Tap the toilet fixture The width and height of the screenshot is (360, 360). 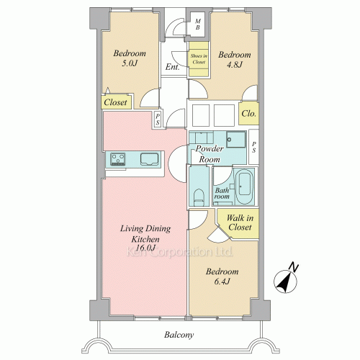[x=199, y=197]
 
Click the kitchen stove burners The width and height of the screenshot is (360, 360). [x=117, y=159]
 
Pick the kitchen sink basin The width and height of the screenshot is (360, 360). [x=149, y=159]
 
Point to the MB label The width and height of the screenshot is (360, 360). [x=197, y=24]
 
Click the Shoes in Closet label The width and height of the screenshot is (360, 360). [x=199, y=59]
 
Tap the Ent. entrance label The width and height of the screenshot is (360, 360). [x=172, y=67]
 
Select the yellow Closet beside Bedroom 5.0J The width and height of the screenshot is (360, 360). [x=117, y=102]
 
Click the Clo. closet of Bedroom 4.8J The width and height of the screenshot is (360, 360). [x=249, y=114]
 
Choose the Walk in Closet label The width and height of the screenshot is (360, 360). [x=240, y=222]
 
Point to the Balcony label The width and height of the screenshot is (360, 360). [x=179, y=335]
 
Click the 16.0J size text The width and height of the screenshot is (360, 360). [x=145, y=248]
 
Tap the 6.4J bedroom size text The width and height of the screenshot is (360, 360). [x=222, y=282]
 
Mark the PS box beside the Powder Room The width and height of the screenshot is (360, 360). [x=253, y=147]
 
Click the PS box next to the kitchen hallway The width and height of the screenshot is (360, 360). [x=158, y=120]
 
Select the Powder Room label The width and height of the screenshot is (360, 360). [x=210, y=154]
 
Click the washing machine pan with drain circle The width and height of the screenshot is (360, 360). [x=236, y=139]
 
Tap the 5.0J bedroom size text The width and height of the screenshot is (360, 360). [x=130, y=63]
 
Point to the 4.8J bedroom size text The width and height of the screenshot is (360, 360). [x=235, y=65]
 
